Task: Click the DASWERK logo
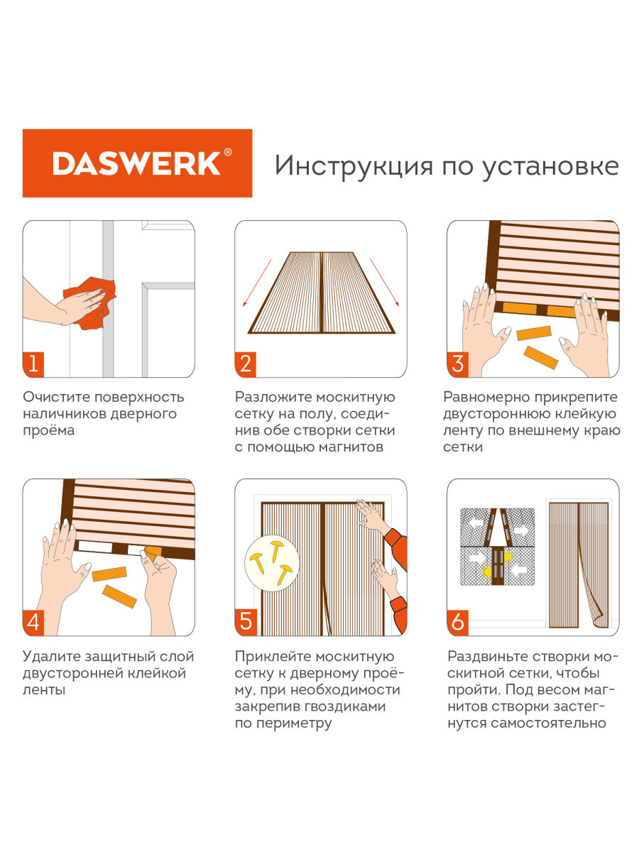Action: coord(137,163)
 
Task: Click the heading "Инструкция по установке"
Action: coord(447,166)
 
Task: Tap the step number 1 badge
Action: coord(33,364)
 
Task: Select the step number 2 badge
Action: coord(246,364)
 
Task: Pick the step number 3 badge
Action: coord(458,364)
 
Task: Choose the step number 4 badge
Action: coord(33,623)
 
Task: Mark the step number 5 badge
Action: coord(246,623)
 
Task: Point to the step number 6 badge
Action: coord(458,623)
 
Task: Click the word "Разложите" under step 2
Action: coord(272,397)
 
